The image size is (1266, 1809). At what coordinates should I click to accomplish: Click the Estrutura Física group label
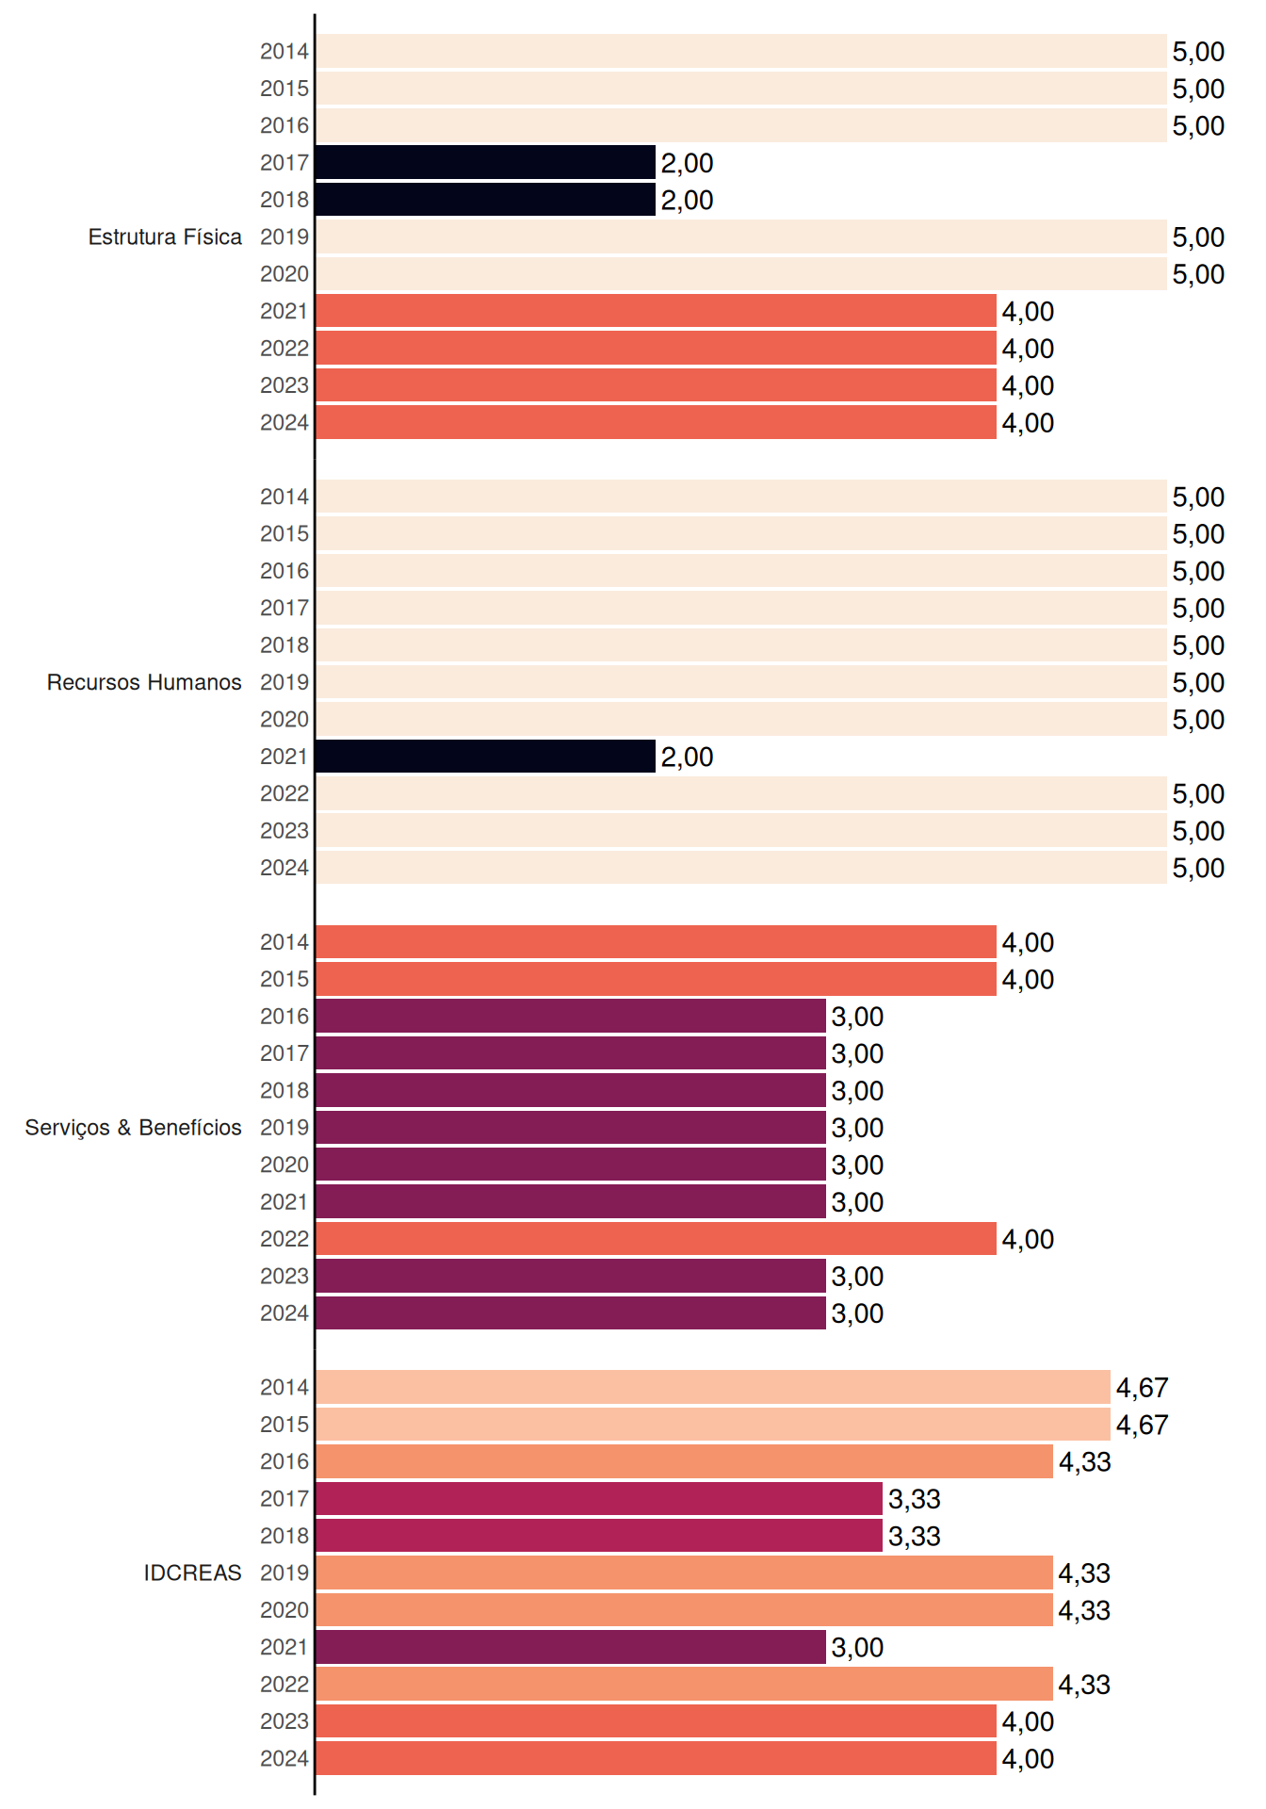pyautogui.click(x=165, y=236)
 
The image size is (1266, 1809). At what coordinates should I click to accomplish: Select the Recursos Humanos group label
pyautogui.click(x=144, y=682)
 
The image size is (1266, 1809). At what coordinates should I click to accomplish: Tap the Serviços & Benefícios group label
pyautogui.click(x=133, y=1128)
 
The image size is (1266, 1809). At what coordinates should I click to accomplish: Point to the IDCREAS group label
pyautogui.click(x=192, y=1573)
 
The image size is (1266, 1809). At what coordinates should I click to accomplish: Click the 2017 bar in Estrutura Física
pyautogui.click(x=485, y=162)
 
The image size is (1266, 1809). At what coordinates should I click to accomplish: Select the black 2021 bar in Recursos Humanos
pyautogui.click(x=485, y=756)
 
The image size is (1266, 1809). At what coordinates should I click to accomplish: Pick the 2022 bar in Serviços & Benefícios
pyautogui.click(x=656, y=1239)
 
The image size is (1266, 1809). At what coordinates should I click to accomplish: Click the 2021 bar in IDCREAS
pyautogui.click(x=571, y=1647)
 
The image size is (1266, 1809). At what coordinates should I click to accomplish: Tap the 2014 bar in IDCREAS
pyautogui.click(x=713, y=1387)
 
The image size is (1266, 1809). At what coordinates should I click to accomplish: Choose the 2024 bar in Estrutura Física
pyautogui.click(x=656, y=422)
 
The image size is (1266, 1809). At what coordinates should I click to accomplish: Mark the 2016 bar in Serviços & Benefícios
pyautogui.click(x=571, y=1016)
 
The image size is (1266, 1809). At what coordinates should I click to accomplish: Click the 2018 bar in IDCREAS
pyautogui.click(x=599, y=1536)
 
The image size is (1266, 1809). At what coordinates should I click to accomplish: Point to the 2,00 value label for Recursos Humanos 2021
pyautogui.click(x=687, y=757)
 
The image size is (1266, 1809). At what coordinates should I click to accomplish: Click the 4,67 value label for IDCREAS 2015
pyautogui.click(x=1142, y=1425)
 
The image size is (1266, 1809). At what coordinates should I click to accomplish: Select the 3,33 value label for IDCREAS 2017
pyautogui.click(x=914, y=1499)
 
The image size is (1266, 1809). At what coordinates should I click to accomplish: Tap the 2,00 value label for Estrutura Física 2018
pyautogui.click(x=687, y=200)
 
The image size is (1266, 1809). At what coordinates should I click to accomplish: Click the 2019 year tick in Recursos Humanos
pyautogui.click(x=284, y=682)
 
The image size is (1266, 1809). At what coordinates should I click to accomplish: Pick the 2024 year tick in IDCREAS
pyautogui.click(x=284, y=1758)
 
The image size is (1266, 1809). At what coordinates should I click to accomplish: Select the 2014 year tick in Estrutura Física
pyautogui.click(x=284, y=51)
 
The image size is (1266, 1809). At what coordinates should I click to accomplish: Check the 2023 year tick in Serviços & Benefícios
pyautogui.click(x=284, y=1276)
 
